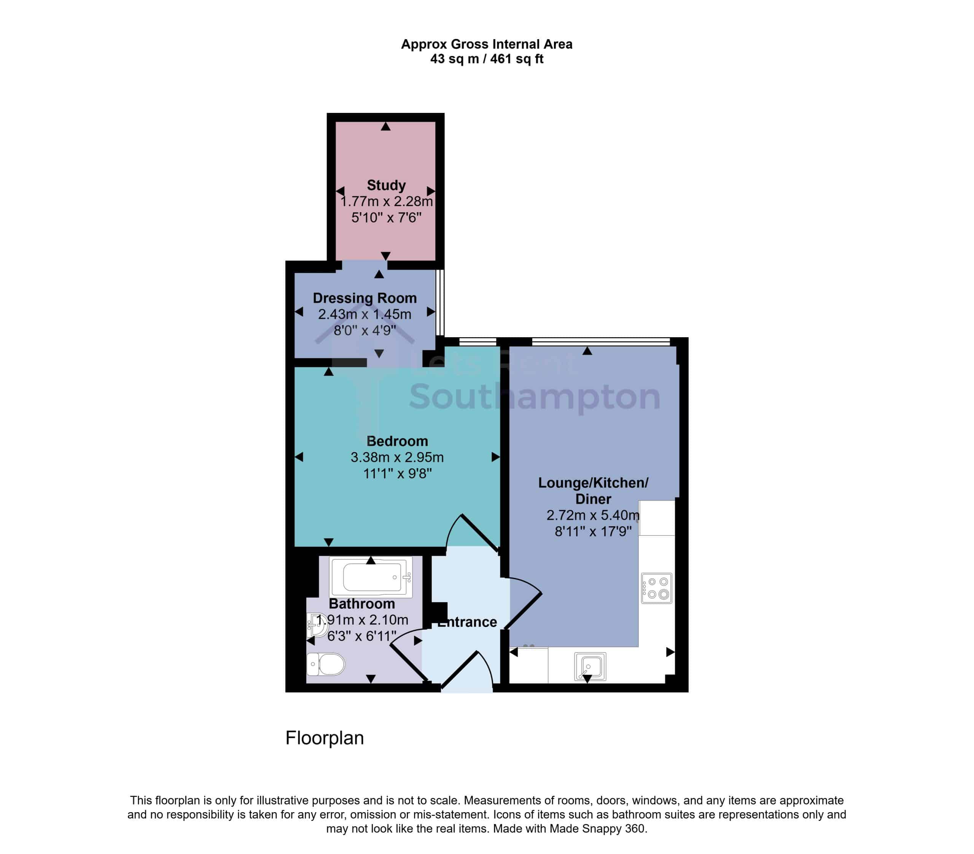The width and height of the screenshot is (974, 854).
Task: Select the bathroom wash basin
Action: pyautogui.click(x=317, y=625)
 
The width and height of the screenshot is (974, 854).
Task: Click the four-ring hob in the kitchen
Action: pyautogui.click(x=656, y=588)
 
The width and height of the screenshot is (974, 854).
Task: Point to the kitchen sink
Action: pyautogui.click(x=590, y=666)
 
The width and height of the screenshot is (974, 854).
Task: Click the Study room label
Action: pyautogui.click(x=386, y=185)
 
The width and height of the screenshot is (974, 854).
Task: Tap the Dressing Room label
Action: pyautogui.click(x=364, y=298)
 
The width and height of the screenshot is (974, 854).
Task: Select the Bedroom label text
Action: pyautogui.click(x=397, y=441)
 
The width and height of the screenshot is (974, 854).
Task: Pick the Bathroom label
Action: pyautogui.click(x=362, y=603)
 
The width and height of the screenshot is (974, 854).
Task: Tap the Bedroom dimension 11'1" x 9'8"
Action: pyautogui.click(x=398, y=473)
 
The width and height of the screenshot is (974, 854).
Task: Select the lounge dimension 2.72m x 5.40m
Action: pyautogui.click(x=593, y=515)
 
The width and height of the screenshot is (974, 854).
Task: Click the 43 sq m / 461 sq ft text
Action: pyautogui.click(x=487, y=59)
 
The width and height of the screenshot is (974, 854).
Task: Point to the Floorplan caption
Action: pyautogui.click(x=325, y=738)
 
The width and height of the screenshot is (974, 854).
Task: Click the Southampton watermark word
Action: pyautogui.click(x=535, y=396)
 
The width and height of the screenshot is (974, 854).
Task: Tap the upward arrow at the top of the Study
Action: pyautogui.click(x=385, y=126)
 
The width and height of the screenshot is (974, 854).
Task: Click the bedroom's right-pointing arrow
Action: pyautogui.click(x=496, y=457)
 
